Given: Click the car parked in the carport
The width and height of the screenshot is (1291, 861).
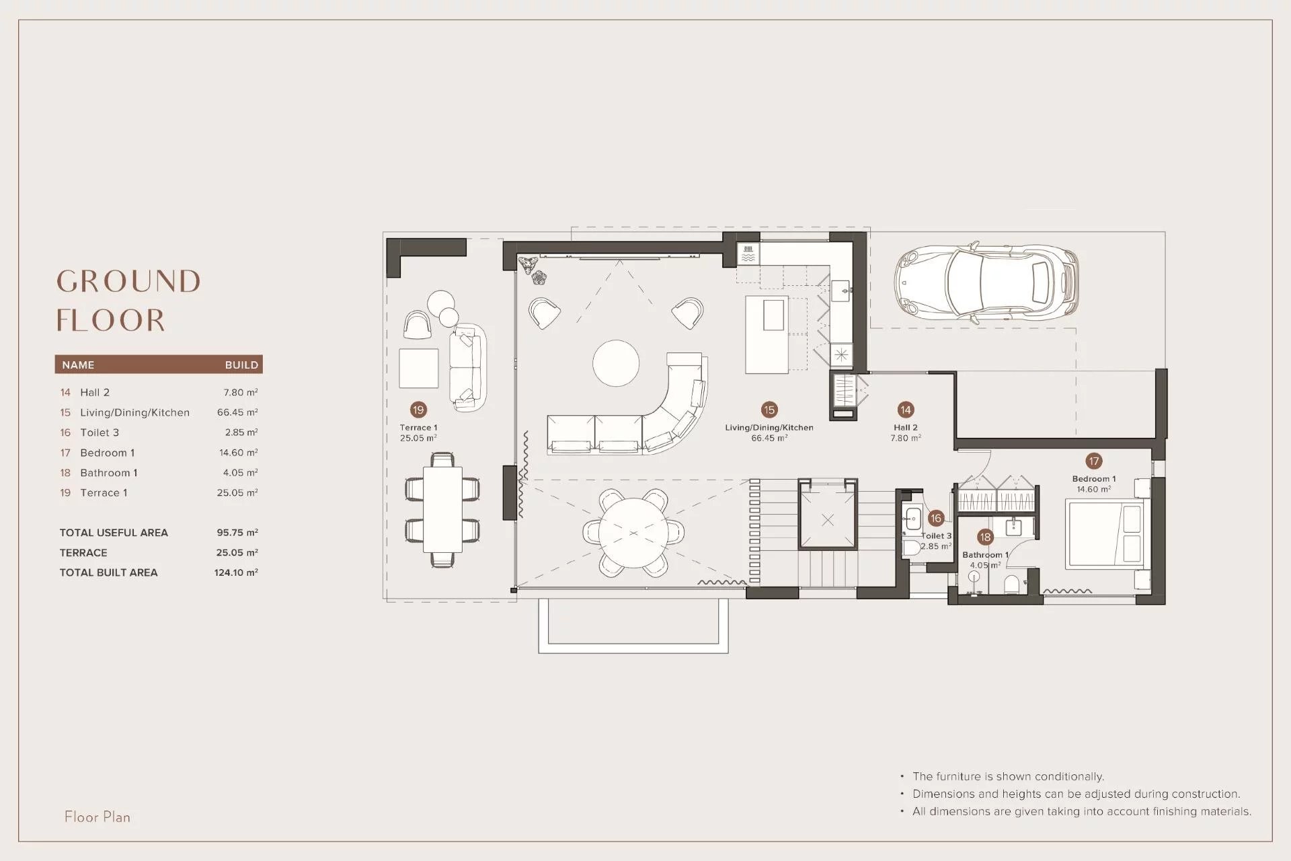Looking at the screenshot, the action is point(986,283).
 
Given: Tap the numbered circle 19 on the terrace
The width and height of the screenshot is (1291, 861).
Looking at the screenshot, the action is point(418,410).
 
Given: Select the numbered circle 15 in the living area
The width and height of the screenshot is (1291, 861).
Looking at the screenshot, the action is point(769,410).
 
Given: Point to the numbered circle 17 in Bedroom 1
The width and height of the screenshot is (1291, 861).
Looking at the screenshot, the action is point(1094,461).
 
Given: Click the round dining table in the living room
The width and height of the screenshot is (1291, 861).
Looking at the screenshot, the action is point(633,533).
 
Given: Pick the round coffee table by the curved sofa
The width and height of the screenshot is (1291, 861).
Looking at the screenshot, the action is point(616,363).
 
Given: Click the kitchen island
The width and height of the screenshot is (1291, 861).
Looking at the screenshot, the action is point(767,334).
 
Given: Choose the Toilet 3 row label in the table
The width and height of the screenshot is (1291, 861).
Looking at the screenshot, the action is point(100,433).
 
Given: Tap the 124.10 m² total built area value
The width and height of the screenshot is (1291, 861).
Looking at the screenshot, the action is point(236,572).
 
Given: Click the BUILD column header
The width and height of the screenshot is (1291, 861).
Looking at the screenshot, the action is point(241,365).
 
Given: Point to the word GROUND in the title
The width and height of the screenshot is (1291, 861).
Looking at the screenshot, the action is point(128,282).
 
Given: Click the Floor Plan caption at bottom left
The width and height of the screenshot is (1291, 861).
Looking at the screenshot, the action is point(97,817).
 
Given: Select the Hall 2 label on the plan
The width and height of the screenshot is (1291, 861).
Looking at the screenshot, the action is point(906,427).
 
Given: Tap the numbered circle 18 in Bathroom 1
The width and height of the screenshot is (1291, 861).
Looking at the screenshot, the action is point(985,537).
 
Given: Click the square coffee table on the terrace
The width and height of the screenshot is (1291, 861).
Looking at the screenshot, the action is point(419,369).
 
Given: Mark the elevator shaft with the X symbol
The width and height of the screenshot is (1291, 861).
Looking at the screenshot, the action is point(828,519).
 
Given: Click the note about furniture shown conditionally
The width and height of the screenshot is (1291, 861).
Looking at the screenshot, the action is point(1008,776).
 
